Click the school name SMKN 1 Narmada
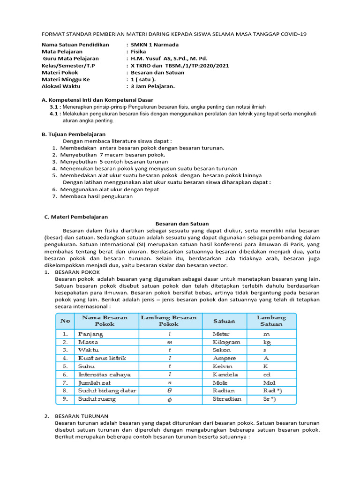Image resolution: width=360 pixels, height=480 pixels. click(155, 45)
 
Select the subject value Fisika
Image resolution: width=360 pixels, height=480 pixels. click(139, 52)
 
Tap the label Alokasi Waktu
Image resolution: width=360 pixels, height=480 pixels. click(61, 86)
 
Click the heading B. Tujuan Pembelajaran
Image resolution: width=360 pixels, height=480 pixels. click(74, 134)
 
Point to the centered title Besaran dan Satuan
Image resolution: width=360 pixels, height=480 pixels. click(182, 224)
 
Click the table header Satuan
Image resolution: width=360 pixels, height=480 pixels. click(224, 321)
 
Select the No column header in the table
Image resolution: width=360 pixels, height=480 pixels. click(65, 321)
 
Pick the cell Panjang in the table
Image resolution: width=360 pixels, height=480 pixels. click(90, 334)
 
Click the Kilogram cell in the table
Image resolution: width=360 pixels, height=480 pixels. click(226, 342)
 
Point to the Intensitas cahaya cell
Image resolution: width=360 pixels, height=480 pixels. click(104, 375)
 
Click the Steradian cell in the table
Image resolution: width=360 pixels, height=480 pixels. click(227, 399)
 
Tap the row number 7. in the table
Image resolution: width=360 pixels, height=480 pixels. click(65, 382)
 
